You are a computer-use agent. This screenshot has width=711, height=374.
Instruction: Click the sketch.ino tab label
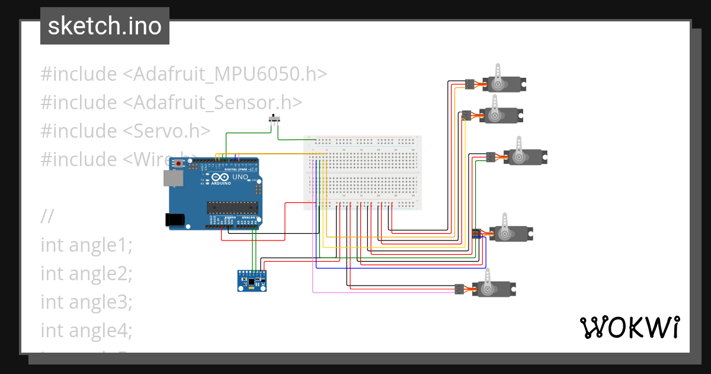104,26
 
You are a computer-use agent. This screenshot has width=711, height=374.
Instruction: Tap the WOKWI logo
629,327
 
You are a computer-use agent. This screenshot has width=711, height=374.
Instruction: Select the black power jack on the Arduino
175,219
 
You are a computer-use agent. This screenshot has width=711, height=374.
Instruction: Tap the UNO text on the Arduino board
239,177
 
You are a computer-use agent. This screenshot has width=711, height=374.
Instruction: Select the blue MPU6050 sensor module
252,280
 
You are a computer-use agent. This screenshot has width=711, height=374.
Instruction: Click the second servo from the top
501,115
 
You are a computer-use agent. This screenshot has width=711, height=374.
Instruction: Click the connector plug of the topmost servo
469,84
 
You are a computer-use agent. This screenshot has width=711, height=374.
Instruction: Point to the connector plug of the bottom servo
459,289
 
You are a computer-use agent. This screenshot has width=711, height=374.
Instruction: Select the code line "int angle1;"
87,245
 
